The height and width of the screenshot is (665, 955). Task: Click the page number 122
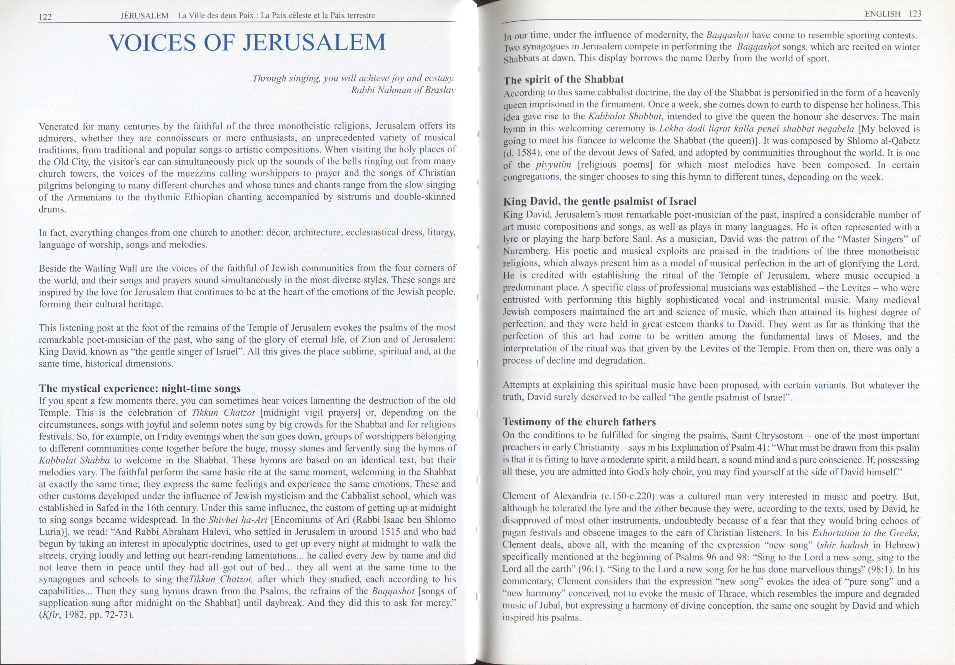click(x=45, y=17)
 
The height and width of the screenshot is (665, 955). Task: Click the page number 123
click(x=915, y=14)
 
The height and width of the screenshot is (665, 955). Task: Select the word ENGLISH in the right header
click(x=882, y=14)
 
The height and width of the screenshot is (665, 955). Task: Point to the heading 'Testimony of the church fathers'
click(x=579, y=422)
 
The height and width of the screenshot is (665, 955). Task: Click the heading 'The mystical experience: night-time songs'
click(x=140, y=388)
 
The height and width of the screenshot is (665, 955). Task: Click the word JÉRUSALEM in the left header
click(x=144, y=16)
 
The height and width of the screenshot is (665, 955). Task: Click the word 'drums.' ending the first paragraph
click(x=52, y=209)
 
